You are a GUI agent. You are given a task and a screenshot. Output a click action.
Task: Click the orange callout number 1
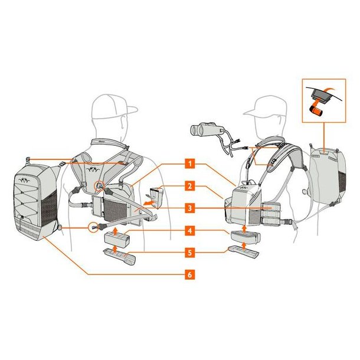[189, 163]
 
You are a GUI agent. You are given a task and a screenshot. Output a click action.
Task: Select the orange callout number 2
[189, 186]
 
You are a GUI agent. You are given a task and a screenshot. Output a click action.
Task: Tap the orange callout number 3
[189, 208]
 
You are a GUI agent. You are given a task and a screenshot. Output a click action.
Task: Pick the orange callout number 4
[189, 231]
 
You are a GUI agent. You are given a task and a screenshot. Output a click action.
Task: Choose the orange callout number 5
[189, 253]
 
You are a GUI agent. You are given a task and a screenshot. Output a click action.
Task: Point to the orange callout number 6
[189, 274]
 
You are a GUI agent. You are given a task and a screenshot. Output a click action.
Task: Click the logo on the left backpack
[24, 181]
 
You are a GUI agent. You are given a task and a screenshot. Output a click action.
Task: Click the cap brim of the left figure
[130, 110]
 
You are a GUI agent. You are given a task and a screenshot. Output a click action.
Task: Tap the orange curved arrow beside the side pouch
[148, 203]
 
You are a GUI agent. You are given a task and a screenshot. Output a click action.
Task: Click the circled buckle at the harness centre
[99, 185]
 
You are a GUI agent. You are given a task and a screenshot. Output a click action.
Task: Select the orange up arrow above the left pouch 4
[115, 230]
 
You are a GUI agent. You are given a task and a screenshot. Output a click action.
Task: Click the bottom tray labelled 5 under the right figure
[243, 251]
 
